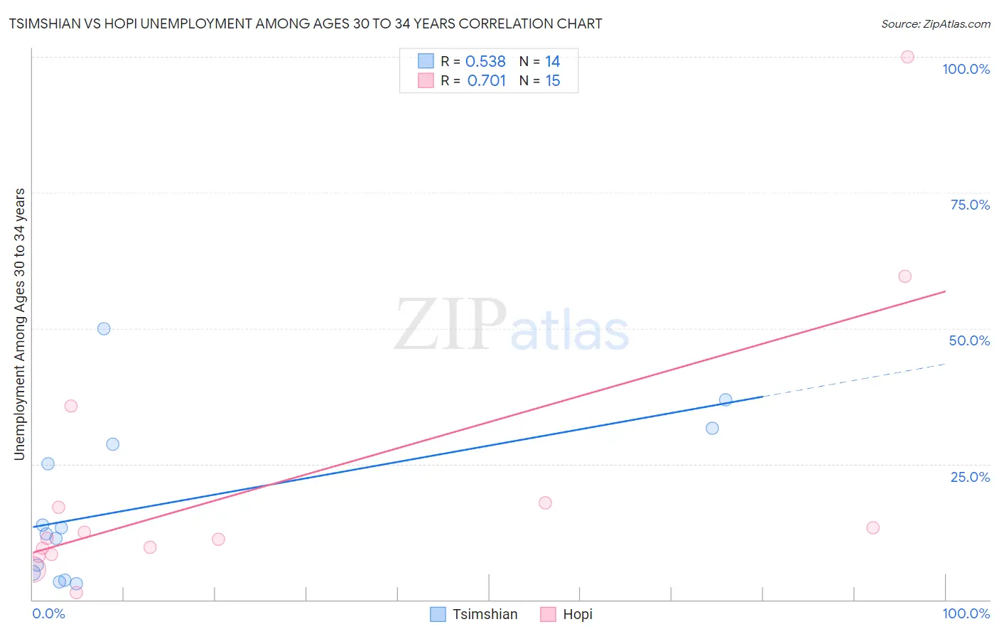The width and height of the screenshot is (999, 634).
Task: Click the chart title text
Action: (x=306, y=23)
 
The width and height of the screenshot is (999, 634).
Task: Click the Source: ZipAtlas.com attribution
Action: (x=935, y=23)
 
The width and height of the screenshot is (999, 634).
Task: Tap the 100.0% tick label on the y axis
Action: (x=966, y=69)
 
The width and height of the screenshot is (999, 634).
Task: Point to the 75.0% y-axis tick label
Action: (x=970, y=205)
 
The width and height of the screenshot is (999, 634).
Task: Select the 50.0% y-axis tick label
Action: (x=969, y=340)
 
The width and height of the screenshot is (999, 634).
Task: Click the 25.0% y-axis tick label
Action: (x=970, y=477)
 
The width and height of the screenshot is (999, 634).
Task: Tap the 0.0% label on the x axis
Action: (x=48, y=613)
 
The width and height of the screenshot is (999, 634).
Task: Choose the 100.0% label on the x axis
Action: (x=966, y=613)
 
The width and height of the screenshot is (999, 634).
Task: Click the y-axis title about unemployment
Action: (x=20, y=324)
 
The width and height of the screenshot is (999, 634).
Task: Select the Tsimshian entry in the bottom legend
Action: (x=485, y=614)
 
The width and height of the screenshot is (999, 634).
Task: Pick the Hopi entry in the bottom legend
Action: (x=577, y=614)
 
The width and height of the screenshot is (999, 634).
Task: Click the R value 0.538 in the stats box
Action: (x=485, y=62)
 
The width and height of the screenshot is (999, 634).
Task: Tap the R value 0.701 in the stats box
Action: (x=486, y=81)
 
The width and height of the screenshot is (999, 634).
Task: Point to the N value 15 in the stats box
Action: (x=553, y=81)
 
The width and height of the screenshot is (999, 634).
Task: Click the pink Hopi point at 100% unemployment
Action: (x=907, y=57)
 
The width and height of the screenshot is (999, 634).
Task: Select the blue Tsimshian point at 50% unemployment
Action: (x=104, y=328)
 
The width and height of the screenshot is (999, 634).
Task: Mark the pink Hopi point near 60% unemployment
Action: (x=904, y=276)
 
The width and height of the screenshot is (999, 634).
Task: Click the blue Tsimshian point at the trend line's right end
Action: (x=725, y=399)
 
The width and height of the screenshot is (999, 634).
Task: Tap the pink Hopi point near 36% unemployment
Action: (x=71, y=406)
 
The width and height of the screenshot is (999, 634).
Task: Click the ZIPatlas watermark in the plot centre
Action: (x=512, y=326)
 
